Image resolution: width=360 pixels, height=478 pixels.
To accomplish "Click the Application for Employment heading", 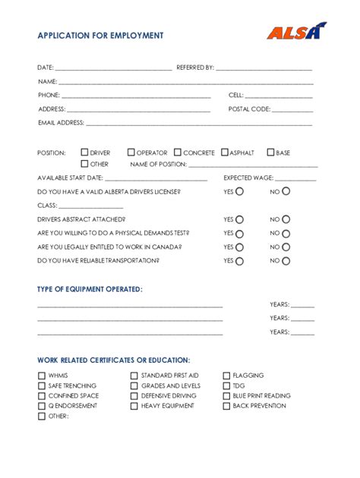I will (x=100, y=36).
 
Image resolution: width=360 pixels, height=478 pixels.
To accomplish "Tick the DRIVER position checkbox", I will (x=84, y=153).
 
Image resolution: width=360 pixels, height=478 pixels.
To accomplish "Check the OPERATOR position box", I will (x=131, y=153).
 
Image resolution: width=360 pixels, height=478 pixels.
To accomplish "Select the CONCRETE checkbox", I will (x=178, y=153).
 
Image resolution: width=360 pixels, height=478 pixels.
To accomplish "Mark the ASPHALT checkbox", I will (x=225, y=153).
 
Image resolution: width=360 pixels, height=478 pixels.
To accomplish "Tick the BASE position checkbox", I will (x=270, y=153).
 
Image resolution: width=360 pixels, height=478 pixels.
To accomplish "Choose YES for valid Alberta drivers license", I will (x=240, y=192).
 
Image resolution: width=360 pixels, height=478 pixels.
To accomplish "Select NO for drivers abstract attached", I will (x=286, y=219).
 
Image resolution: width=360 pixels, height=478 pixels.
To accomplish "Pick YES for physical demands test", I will (x=240, y=234).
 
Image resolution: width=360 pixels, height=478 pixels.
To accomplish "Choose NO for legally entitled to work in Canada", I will (x=286, y=247).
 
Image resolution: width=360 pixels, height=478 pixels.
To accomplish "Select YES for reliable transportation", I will (x=240, y=261).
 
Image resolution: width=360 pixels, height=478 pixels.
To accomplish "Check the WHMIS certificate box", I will (x=42, y=376).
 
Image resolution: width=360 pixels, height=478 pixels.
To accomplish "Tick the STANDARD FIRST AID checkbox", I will (x=134, y=376).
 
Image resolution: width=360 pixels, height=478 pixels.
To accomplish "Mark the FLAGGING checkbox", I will (x=226, y=376).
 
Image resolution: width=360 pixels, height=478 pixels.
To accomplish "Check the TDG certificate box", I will (x=226, y=385).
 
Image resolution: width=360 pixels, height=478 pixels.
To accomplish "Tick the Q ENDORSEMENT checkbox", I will (x=42, y=406).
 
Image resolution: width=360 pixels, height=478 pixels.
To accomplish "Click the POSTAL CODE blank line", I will (x=292, y=110).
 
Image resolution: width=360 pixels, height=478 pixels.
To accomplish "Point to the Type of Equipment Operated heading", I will (x=90, y=289).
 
